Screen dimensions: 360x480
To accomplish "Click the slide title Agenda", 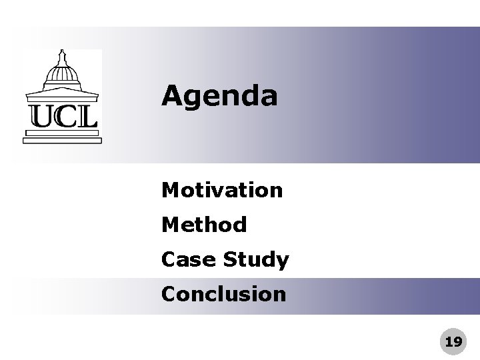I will (x=219, y=97).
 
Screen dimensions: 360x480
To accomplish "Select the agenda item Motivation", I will (x=222, y=191).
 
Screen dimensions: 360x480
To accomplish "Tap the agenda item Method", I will (x=204, y=225).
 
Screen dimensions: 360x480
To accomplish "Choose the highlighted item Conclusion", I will (x=223, y=294).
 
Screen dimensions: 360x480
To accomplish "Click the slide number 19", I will (x=453, y=342).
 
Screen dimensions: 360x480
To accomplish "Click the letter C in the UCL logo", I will (x=65, y=116).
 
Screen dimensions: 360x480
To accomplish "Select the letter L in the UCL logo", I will (x=86, y=116).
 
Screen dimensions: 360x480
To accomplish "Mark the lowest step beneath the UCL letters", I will (x=61, y=141).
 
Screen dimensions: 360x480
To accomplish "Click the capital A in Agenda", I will (x=173, y=97).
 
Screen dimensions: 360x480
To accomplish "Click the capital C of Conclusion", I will (x=169, y=294).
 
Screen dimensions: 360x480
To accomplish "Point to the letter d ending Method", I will (x=239, y=225).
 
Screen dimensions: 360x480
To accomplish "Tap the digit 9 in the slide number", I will (x=457, y=342).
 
